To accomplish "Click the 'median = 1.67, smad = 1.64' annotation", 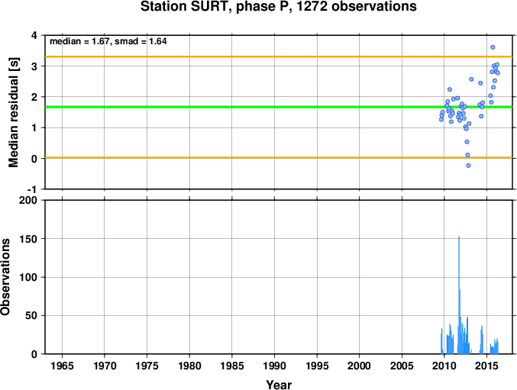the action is [108, 41].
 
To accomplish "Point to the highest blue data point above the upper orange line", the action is [493, 47].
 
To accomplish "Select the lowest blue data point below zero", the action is [468, 166].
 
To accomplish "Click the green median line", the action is [279, 107].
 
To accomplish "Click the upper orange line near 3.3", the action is [279, 56].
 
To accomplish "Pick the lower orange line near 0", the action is [279, 157].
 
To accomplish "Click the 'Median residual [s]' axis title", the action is [14, 112].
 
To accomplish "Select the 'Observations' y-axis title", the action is [5, 277].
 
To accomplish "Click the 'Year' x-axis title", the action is [279, 385].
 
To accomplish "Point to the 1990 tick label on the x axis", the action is [274, 366].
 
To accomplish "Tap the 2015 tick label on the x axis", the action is [486, 366].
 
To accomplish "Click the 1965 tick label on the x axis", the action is [62, 366].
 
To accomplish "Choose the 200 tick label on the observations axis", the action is [28, 200].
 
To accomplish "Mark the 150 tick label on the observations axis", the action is [28, 239].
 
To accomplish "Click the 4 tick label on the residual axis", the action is [34, 35].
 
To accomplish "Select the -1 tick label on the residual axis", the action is [33, 189].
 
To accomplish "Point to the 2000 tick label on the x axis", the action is [360, 366].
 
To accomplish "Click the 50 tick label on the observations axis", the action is [31, 315].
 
